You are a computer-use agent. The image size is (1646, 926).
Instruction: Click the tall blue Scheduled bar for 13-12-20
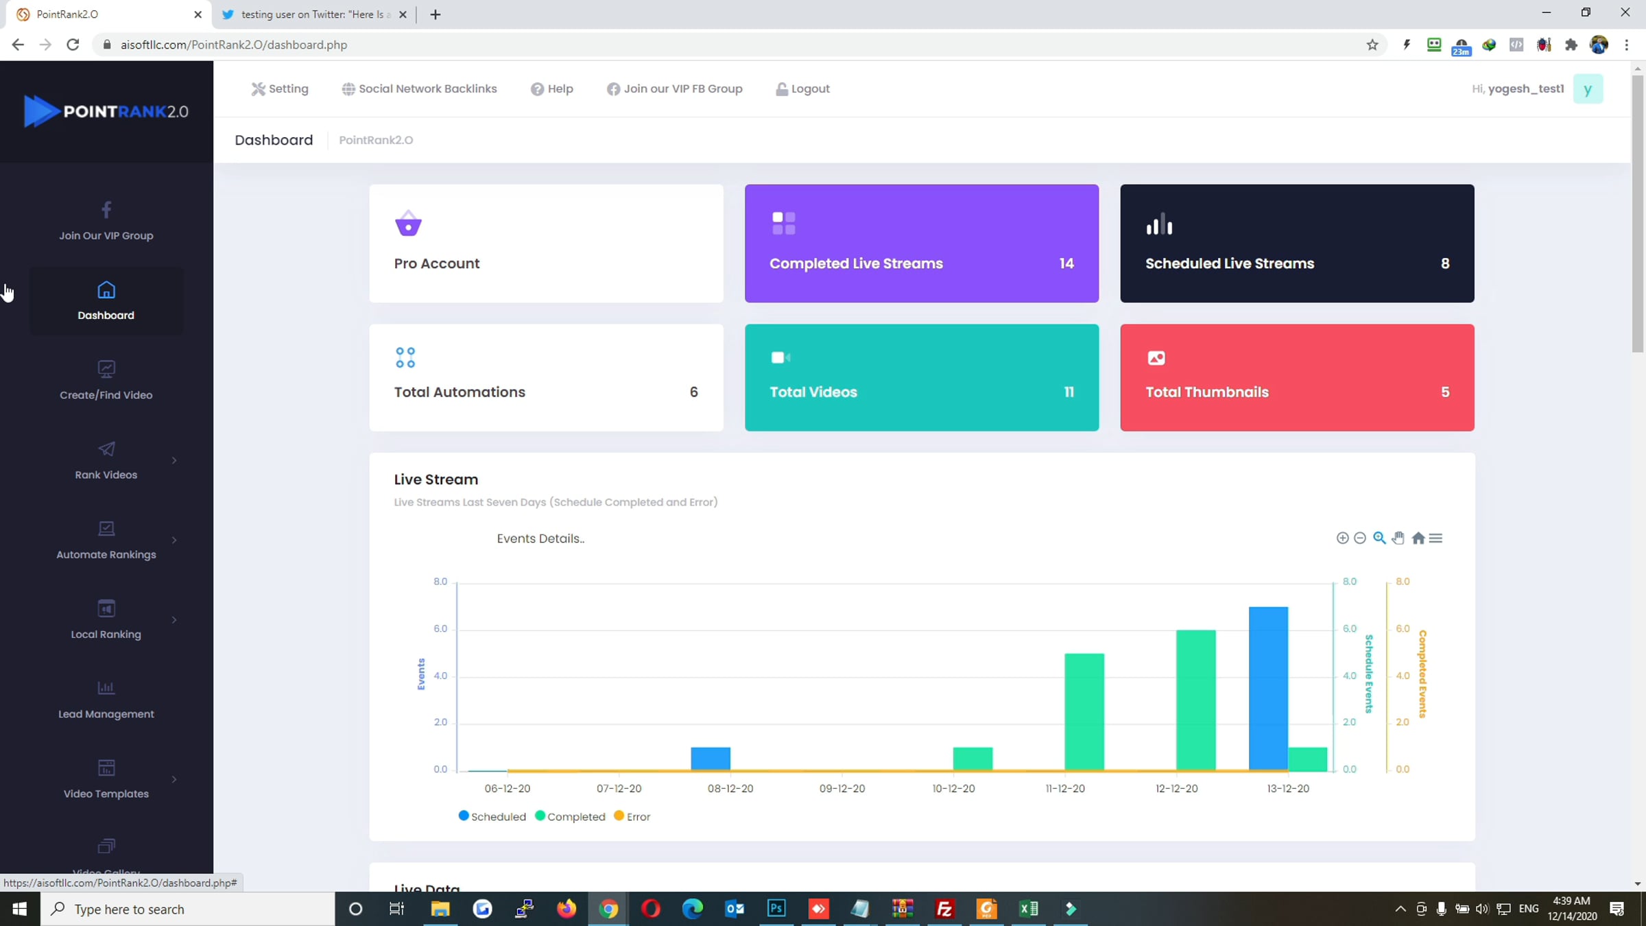point(1268,688)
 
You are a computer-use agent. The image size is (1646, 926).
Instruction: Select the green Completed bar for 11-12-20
point(1084,712)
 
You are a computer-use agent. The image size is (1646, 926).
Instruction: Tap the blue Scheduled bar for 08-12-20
point(711,759)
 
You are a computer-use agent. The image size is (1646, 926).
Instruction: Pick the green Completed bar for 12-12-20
point(1195,700)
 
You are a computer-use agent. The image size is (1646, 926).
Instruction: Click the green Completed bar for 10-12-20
point(973,759)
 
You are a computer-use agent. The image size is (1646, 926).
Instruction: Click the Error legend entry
point(632,816)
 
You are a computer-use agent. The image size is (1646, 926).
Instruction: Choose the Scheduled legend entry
point(492,816)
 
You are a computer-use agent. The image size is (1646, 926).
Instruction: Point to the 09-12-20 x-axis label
point(842,788)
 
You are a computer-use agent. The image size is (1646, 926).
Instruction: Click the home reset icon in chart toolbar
point(1418,538)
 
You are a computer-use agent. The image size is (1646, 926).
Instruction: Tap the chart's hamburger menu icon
point(1435,538)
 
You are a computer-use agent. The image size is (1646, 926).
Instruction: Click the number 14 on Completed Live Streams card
point(1066,263)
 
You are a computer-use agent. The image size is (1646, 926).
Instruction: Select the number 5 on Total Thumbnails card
point(1445,392)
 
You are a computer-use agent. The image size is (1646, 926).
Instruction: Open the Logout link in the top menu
point(802,88)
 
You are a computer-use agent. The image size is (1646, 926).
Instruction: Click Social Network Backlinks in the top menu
point(419,88)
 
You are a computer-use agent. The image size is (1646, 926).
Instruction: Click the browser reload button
point(73,45)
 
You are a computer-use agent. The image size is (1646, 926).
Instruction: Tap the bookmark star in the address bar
point(1372,45)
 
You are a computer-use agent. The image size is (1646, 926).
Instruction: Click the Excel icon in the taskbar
point(1029,909)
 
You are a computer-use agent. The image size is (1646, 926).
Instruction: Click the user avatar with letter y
point(1588,88)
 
